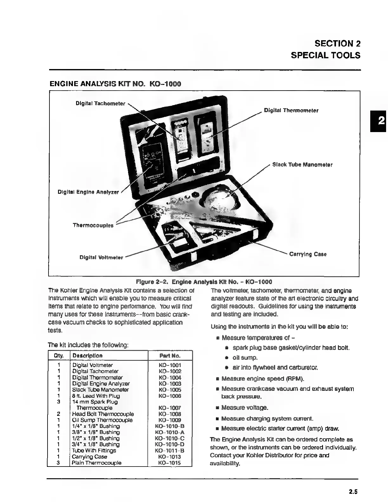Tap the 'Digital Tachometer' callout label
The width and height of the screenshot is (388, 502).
pyautogui.click(x=100, y=104)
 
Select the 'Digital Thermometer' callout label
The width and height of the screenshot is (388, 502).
pyautogui.click(x=291, y=111)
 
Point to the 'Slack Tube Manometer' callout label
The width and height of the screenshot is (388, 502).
pyautogui.click(x=302, y=165)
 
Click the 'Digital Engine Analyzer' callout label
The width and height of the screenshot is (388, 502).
pyautogui.click(x=88, y=192)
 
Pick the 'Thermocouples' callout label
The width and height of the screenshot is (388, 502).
pyautogui.click(x=93, y=225)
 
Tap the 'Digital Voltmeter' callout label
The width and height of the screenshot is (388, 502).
pyautogui.click(x=101, y=257)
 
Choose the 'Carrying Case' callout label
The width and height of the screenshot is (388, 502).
pyautogui.click(x=307, y=254)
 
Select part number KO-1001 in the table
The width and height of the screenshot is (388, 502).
pyautogui.click(x=170, y=365)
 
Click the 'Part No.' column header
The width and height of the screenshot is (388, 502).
pyautogui.click(x=170, y=356)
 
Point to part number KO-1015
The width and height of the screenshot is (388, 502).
pyautogui.click(x=170, y=463)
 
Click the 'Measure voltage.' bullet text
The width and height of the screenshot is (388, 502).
pyautogui.click(x=244, y=408)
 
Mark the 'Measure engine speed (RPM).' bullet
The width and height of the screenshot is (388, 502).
pyautogui.click(x=262, y=378)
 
